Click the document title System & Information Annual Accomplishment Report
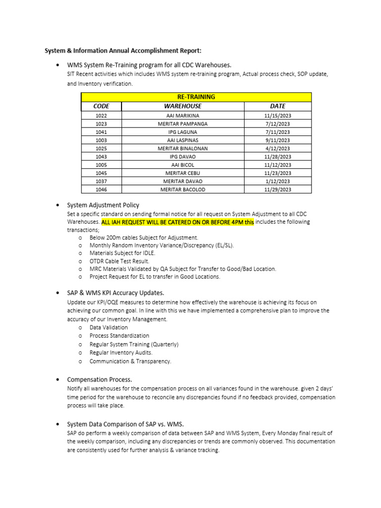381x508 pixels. (x=124, y=51)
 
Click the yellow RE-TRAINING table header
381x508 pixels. (x=196, y=97)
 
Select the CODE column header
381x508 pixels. (x=101, y=106)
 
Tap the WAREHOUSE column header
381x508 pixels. (x=183, y=106)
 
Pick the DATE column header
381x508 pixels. (x=278, y=106)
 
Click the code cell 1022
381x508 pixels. (x=101, y=116)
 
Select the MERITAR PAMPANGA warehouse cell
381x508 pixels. (x=183, y=124)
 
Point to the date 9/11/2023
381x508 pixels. (x=278, y=140)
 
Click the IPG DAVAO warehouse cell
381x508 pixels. (x=183, y=157)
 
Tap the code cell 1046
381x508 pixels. (x=101, y=190)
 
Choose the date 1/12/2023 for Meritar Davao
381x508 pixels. (x=278, y=182)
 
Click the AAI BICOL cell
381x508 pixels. (x=183, y=165)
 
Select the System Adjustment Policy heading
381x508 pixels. (x=103, y=205)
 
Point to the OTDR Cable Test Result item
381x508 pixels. (x=119, y=261)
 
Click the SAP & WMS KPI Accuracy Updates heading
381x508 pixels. (x=116, y=293)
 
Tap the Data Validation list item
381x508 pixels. (x=108, y=327)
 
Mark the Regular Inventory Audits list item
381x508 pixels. (x=121, y=353)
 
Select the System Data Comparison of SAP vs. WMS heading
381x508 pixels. (x=125, y=424)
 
